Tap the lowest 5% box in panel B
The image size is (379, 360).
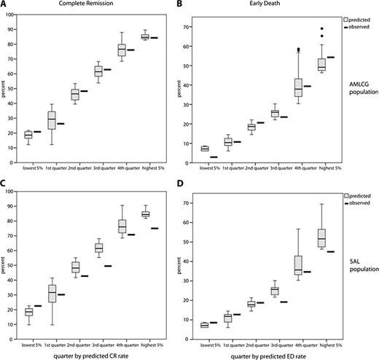pos(205,149)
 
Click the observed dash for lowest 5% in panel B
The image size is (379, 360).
pos(215,157)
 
